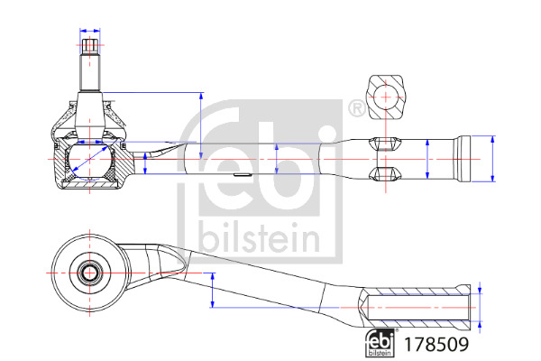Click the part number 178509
[436, 344]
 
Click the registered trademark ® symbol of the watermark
[357, 109]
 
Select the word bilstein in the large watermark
[259, 237]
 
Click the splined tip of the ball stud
[90, 47]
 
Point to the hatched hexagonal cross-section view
[386, 97]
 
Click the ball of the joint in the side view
[90, 161]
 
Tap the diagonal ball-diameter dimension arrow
[89, 158]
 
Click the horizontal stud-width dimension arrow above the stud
[90, 31]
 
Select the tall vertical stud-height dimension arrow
[201, 125]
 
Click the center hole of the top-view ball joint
[89, 273]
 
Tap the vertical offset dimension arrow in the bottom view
[213, 291]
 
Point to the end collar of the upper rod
[464, 159]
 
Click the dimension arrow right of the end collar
[492, 159]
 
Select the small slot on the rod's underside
[242, 175]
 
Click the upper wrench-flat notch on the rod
[385, 144]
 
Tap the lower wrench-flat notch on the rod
[385, 174]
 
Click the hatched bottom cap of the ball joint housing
[90, 186]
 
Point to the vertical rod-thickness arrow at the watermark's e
[277, 159]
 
